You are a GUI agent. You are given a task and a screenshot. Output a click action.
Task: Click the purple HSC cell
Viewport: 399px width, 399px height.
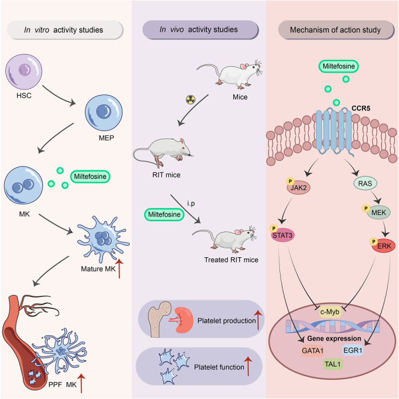tap(24, 72)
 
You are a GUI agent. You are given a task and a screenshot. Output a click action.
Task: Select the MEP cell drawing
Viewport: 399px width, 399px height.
tap(103, 113)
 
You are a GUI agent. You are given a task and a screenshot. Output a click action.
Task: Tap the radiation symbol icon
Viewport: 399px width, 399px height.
tap(190, 100)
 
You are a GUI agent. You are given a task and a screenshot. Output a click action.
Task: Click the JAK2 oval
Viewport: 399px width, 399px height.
tap(299, 188)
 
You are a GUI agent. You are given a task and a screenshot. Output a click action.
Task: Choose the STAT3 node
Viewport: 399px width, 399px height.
tap(282, 235)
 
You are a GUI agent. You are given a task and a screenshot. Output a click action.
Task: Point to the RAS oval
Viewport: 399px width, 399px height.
tap(365, 183)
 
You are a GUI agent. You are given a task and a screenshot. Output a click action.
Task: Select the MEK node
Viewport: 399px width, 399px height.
tap(379, 213)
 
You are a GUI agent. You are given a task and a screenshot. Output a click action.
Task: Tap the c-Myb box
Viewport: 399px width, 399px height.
tap(330, 312)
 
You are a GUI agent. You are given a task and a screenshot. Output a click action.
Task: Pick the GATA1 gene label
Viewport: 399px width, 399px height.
tap(312, 351)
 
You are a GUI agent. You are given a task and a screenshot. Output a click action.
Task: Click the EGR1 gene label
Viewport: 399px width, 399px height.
tap(353, 350)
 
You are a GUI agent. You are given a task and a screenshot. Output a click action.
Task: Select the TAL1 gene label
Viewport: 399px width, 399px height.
tap(333, 364)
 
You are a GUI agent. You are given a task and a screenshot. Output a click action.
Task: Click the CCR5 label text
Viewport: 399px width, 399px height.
tap(361, 108)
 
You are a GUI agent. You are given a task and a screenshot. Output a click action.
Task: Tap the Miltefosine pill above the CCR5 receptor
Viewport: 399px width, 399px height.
tap(339, 67)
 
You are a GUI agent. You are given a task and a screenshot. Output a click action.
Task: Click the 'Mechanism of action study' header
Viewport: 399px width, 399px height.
tap(336, 30)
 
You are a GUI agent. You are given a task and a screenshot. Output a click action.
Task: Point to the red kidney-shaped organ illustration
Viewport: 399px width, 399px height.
tap(184, 320)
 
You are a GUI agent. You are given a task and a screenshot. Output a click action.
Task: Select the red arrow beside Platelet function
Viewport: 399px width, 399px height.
tap(248, 366)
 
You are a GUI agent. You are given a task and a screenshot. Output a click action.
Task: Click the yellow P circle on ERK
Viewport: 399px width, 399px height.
tap(374, 242)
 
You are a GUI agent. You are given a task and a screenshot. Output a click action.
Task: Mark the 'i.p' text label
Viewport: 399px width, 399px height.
tap(191, 203)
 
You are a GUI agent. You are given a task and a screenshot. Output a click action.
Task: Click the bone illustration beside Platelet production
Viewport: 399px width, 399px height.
tap(159, 319)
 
